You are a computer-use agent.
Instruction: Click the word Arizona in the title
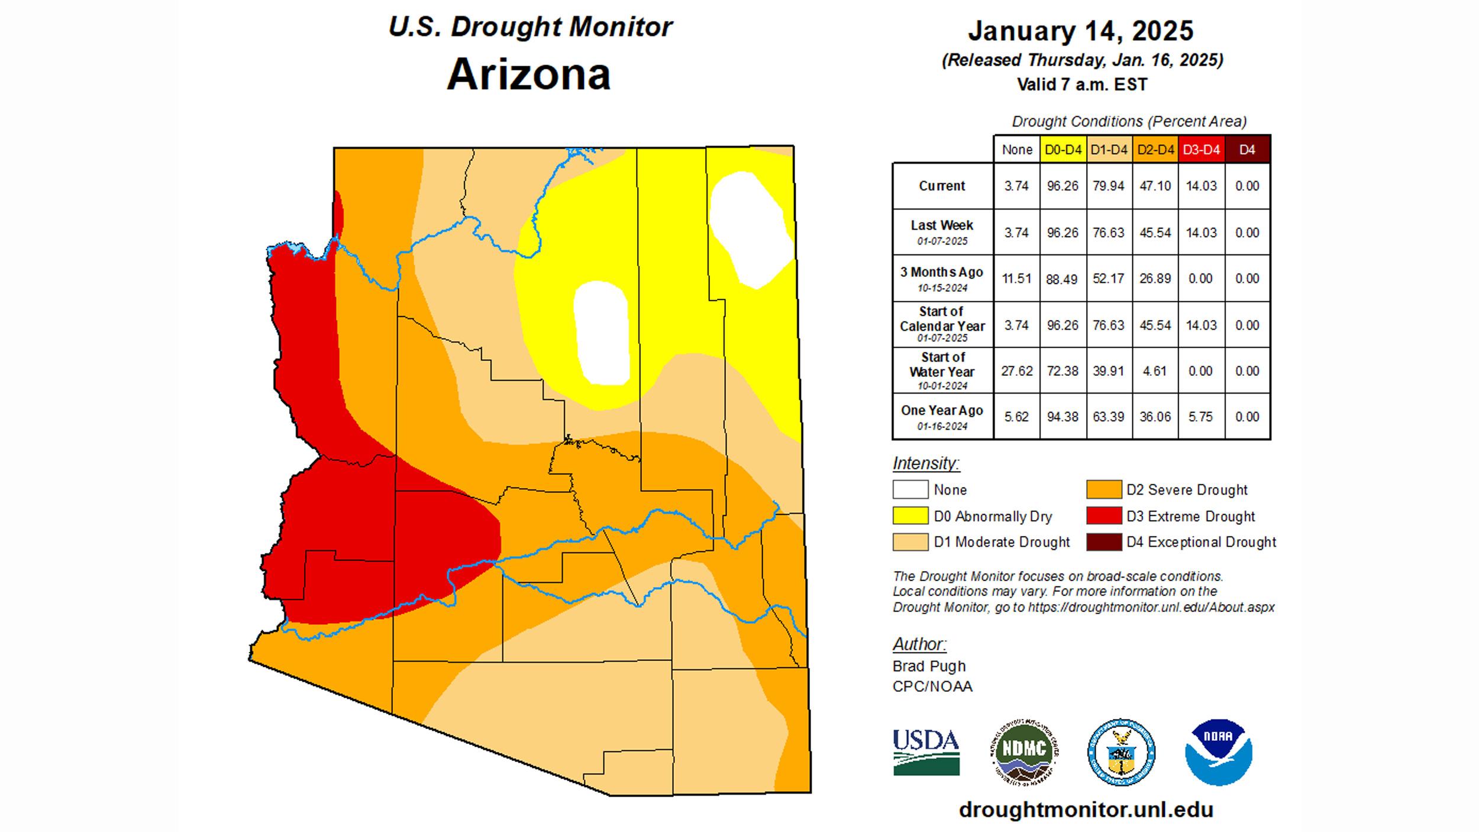coord(528,75)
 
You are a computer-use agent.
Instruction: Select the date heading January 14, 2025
coord(1080,31)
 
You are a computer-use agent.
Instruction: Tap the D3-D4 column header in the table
coord(1201,150)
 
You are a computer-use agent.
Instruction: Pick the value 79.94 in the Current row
coord(1108,186)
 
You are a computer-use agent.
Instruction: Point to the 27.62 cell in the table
coord(1016,371)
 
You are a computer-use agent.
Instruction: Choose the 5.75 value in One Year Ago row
coord(1201,417)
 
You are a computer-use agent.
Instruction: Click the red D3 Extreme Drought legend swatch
coord(1104,516)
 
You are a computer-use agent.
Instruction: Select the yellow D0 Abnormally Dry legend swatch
coord(910,516)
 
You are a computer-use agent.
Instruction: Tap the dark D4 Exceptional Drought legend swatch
coord(1104,542)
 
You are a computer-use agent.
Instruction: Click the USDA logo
coord(926,752)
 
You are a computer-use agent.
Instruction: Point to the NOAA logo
coord(1219,752)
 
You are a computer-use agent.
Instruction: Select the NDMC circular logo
coord(1024,752)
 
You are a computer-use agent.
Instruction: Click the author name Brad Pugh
coord(929,666)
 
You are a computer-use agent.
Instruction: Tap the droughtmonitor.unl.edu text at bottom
coord(1086,810)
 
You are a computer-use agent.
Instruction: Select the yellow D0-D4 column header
coord(1063,150)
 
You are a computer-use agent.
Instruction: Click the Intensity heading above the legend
coord(926,463)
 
